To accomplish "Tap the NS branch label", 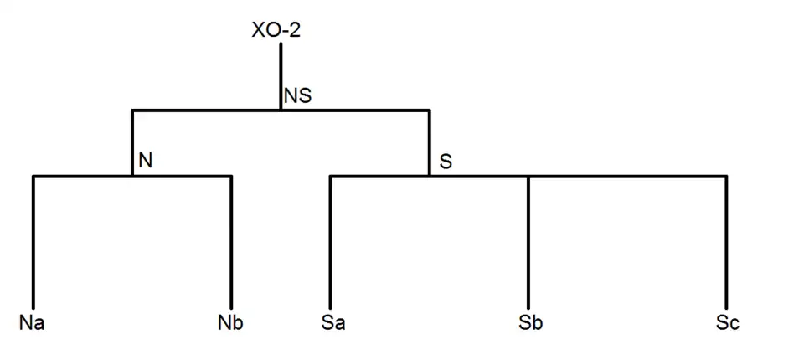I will click(297, 96).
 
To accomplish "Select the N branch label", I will click(145, 161).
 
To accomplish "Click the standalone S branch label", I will click(446, 161).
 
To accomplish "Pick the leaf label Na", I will click(31, 322).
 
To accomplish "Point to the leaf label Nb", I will click(230, 322).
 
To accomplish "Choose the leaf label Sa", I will click(332, 322).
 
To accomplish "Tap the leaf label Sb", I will click(529, 322).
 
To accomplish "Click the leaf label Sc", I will click(727, 322).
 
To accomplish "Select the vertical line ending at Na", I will click(33, 243).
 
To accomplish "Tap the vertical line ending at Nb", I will click(231, 243).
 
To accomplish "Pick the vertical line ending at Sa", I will click(330, 243).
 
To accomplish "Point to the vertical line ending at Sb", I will click(528, 243).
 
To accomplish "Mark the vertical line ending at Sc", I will click(726, 243).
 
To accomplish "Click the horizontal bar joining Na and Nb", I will click(84, 176).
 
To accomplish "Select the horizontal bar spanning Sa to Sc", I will click(628, 176).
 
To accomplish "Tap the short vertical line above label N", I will click(132, 142).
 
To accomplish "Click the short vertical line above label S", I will click(429, 142).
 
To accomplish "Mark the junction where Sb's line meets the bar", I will click(528, 177).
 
